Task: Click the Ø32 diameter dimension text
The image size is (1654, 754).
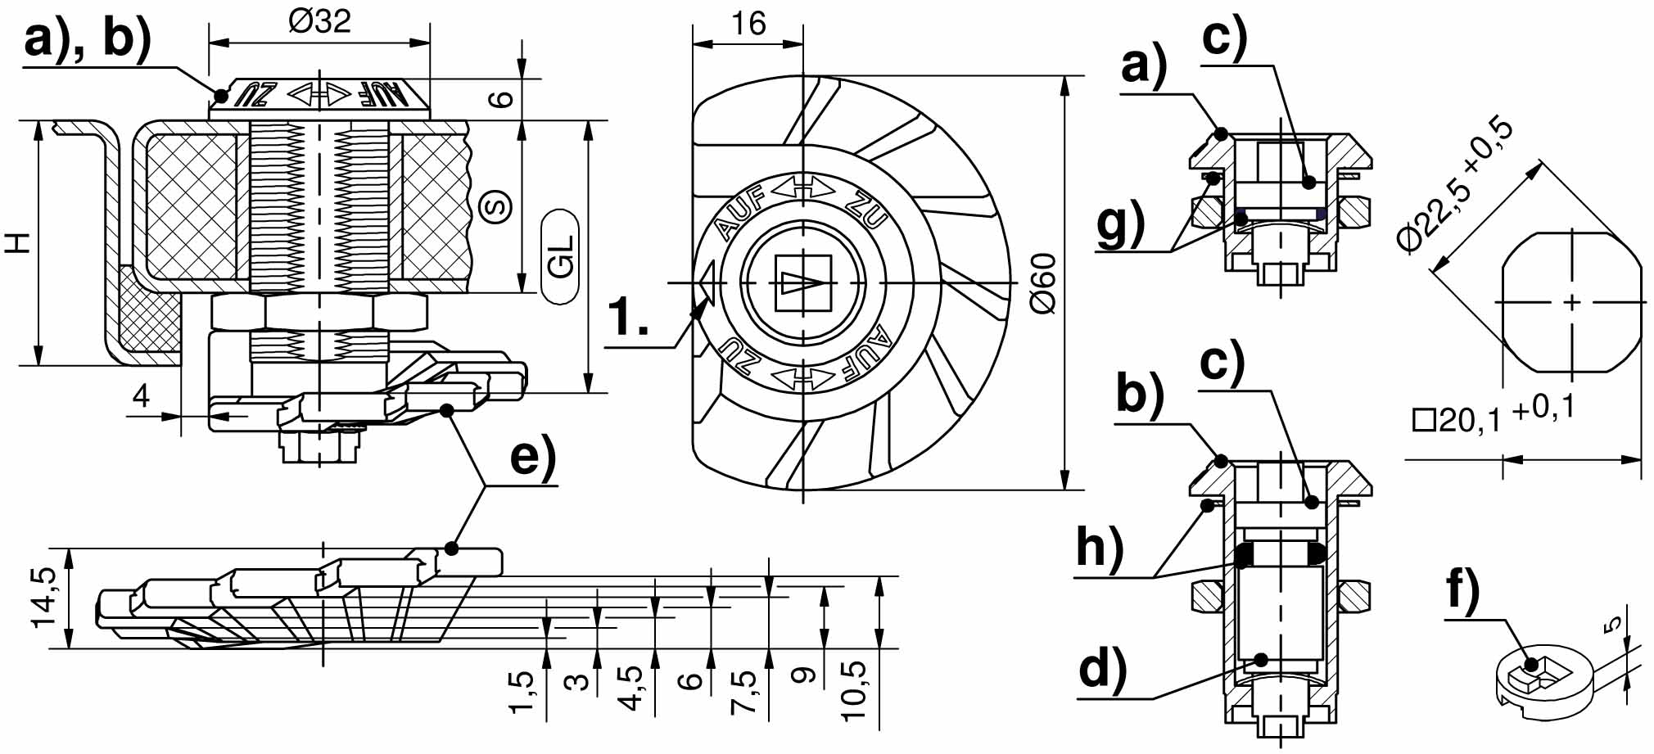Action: coord(319,20)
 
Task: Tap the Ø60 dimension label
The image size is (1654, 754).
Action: coord(1042,283)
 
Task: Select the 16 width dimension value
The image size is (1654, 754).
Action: coord(748,24)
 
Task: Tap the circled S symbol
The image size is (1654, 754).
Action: coord(495,205)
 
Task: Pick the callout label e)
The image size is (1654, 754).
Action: coord(532,458)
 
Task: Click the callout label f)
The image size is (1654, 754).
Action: coord(1462,589)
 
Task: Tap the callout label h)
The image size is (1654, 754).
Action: coord(1099,546)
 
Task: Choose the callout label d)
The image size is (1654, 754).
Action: coord(1102,669)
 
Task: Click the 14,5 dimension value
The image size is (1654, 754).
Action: coord(43,598)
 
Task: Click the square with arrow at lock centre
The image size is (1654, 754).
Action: coord(802,283)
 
